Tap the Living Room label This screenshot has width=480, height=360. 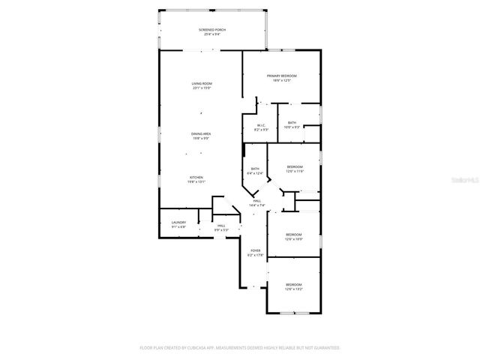(201, 83)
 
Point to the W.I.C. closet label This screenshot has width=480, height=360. (261, 125)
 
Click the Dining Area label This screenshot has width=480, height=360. (200, 133)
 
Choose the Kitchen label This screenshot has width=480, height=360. (196, 177)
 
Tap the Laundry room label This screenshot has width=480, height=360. (178, 222)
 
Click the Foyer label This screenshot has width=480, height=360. (255, 251)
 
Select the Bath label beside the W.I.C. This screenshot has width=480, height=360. (292, 122)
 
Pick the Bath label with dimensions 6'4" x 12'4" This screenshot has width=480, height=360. (255, 169)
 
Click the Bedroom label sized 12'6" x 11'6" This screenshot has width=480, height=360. (295, 166)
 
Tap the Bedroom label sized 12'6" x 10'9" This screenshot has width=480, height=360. (293, 235)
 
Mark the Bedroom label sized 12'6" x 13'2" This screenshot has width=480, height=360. (293, 284)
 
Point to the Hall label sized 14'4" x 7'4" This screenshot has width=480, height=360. (256, 201)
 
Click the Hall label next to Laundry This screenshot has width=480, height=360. (221, 225)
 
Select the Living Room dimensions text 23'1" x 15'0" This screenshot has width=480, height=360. (201, 88)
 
